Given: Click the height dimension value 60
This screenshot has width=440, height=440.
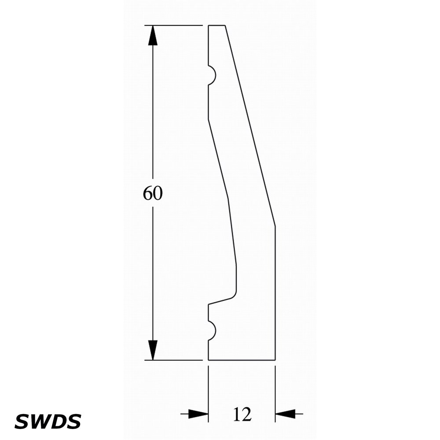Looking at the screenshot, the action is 153,193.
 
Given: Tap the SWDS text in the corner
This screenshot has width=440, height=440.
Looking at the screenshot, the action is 48,422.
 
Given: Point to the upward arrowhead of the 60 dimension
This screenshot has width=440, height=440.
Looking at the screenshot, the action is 153,35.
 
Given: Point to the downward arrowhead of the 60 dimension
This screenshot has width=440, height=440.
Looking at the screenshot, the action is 153,350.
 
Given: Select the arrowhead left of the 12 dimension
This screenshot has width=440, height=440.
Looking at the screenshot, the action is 198,414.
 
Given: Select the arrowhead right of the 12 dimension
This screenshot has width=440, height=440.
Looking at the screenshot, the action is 285,414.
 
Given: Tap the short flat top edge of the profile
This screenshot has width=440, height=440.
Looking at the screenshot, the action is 216,26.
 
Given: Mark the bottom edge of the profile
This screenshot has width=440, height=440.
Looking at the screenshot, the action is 242,360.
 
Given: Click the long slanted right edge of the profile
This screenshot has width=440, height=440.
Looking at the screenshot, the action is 250,125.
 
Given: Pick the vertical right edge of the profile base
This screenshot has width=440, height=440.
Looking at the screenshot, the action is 275,293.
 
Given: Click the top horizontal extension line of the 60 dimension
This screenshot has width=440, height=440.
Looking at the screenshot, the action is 173,26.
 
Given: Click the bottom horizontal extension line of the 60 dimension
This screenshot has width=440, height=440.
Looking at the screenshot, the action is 173,360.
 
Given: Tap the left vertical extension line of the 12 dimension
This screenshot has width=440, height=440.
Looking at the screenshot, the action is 208,394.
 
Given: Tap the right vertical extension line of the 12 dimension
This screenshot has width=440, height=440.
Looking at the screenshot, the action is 275,394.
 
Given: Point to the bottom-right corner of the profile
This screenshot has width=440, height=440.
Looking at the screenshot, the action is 275,360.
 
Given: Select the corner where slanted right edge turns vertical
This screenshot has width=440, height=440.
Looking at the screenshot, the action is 275,226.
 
